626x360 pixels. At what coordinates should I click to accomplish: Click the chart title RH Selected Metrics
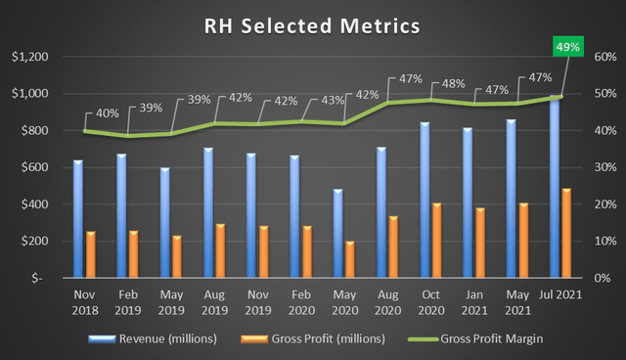[312, 23]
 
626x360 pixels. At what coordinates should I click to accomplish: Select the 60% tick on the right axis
[596, 57]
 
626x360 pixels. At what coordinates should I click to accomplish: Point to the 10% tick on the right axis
[596, 242]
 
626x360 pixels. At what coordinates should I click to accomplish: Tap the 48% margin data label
[454, 83]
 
